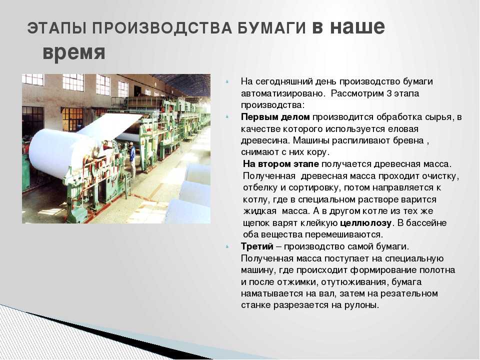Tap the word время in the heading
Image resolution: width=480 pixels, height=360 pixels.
(x=74, y=52)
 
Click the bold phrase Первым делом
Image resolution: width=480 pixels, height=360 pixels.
(x=275, y=117)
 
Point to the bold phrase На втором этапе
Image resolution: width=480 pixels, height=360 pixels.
(x=280, y=164)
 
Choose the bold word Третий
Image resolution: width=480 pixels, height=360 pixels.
(x=257, y=246)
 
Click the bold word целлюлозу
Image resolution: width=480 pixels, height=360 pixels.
(x=365, y=223)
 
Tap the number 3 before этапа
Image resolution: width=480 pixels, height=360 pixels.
(x=389, y=93)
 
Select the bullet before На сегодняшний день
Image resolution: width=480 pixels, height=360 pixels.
(x=227, y=81)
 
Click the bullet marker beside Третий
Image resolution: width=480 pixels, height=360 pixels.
(x=227, y=246)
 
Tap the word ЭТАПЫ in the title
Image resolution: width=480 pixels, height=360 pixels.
(x=57, y=28)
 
